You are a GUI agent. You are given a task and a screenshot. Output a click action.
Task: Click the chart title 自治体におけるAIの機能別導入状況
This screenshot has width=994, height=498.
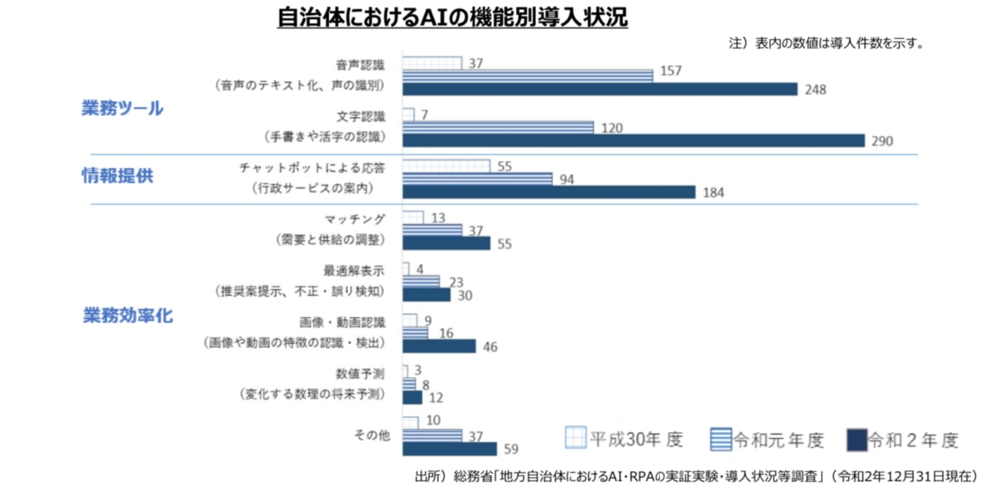click(452, 18)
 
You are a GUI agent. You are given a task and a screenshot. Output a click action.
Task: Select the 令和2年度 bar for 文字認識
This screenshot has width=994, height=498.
click(633, 141)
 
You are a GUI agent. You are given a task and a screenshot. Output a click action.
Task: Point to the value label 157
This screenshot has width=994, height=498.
click(670, 71)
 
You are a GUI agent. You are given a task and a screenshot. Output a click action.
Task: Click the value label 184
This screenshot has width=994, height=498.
click(713, 193)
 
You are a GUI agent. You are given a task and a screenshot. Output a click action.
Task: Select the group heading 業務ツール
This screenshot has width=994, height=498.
click(122, 108)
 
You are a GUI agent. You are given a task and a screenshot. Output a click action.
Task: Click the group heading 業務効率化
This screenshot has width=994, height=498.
click(128, 316)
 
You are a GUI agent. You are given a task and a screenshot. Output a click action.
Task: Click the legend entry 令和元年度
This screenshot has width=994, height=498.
click(767, 439)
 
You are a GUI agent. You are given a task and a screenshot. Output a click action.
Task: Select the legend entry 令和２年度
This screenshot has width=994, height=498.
click(903, 439)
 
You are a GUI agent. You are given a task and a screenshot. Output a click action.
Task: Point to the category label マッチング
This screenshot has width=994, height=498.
click(356, 220)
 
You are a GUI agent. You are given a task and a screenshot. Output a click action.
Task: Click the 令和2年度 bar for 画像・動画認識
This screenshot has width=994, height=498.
click(439, 346)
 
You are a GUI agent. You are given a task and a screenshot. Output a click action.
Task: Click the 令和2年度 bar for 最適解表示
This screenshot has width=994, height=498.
click(426, 294)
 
